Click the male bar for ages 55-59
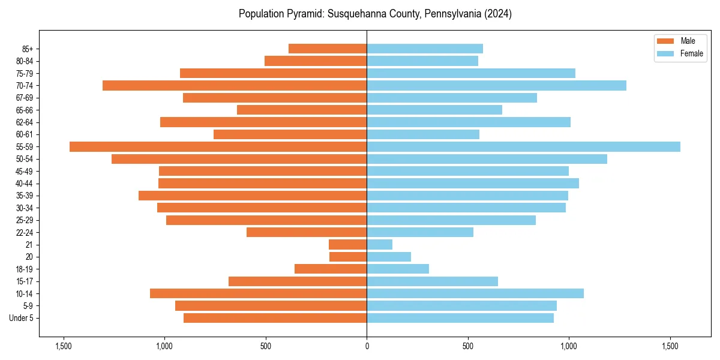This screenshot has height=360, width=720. (x=218, y=146)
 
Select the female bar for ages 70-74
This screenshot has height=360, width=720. (x=496, y=85)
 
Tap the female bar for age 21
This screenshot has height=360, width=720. (x=379, y=244)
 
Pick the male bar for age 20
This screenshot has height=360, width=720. (x=348, y=257)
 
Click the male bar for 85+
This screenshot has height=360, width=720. (x=328, y=49)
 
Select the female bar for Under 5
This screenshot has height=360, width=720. (x=460, y=318)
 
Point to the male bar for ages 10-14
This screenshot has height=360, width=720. (x=258, y=293)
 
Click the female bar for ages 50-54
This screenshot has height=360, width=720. (x=487, y=159)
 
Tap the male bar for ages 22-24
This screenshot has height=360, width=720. (x=307, y=232)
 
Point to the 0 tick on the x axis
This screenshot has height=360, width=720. (x=367, y=346)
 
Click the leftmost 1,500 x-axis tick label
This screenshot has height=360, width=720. (x=63, y=346)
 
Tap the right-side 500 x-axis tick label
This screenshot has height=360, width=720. (x=468, y=346)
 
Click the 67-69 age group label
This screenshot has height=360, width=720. (x=25, y=98)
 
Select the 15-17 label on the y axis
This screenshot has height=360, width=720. (x=25, y=281)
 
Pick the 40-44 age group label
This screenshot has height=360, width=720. (x=25, y=184)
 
